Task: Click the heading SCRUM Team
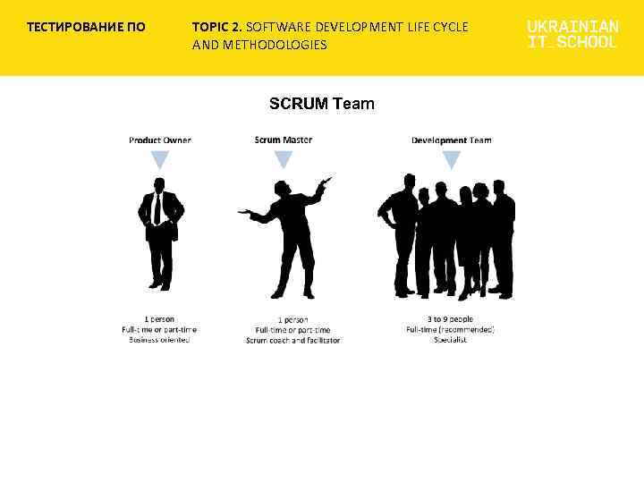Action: point(322,104)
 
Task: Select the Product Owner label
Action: point(159,140)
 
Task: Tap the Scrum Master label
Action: point(284,140)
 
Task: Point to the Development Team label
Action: point(451,140)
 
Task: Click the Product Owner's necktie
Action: point(158,209)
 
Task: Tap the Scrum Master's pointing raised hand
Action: point(325,182)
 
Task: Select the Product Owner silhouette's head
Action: point(159,184)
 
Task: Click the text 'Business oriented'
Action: point(159,340)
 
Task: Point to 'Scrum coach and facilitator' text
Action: point(292,341)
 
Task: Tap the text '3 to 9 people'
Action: point(450,319)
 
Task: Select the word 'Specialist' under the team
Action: point(450,340)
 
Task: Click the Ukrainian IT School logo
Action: point(572,34)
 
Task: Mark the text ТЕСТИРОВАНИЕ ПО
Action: point(86,27)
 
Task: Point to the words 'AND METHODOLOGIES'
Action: point(259,45)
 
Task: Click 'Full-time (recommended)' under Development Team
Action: point(450,330)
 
